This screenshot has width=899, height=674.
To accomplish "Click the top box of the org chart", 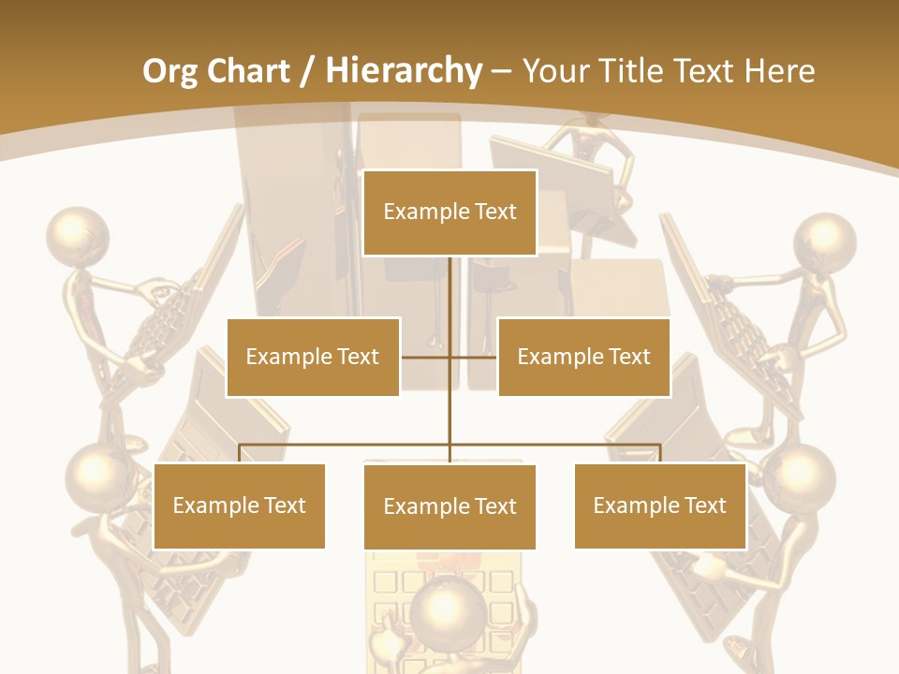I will point(449,212).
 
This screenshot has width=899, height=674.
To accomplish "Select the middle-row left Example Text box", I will point(313,357).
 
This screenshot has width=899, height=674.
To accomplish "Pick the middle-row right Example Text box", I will point(583,357).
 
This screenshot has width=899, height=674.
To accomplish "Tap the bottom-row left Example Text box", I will point(240,505).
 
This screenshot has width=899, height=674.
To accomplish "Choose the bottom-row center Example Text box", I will point(449,506).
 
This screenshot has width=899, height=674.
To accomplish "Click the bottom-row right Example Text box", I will point(659,505).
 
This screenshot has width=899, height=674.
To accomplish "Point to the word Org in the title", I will point(170,71).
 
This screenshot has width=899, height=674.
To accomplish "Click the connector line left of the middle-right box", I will point(474,357).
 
